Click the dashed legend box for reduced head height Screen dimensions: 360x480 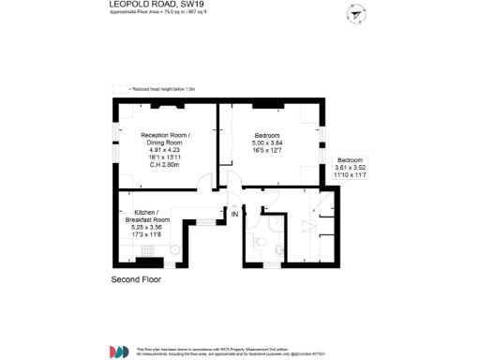click(119, 88)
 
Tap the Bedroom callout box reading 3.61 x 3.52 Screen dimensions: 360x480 click(353, 168)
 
